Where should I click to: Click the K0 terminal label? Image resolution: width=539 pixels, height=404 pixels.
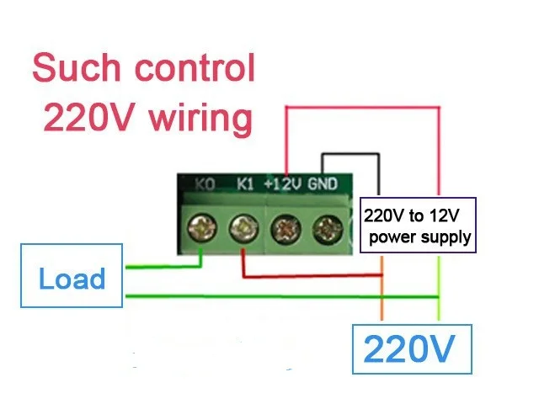click(x=205, y=184)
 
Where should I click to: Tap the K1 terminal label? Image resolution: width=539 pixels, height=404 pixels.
click(x=245, y=184)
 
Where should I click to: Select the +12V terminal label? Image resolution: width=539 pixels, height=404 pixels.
click(x=283, y=184)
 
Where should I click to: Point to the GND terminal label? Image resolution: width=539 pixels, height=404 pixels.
click(x=323, y=184)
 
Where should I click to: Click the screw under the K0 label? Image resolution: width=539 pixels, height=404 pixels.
click(x=202, y=227)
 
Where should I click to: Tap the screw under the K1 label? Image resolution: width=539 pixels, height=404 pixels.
click(x=243, y=227)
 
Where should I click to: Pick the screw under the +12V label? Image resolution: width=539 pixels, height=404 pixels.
click(x=286, y=228)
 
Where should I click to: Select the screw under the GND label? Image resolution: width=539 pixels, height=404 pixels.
click(x=328, y=229)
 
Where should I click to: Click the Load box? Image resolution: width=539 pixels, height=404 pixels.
click(x=72, y=275)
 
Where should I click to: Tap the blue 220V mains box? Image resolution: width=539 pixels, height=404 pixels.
click(x=412, y=349)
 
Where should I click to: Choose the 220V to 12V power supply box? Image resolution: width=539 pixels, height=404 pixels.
click(x=418, y=226)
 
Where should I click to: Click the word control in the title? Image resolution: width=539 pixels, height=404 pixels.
click(x=195, y=67)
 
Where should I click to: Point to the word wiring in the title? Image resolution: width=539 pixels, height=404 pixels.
click(x=201, y=119)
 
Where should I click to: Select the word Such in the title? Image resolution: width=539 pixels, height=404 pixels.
click(x=77, y=67)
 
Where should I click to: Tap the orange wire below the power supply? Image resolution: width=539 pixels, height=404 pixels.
click(x=382, y=288)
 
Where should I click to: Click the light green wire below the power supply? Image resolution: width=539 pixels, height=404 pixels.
click(x=439, y=288)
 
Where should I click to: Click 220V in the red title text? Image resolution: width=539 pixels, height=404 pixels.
click(x=88, y=118)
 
